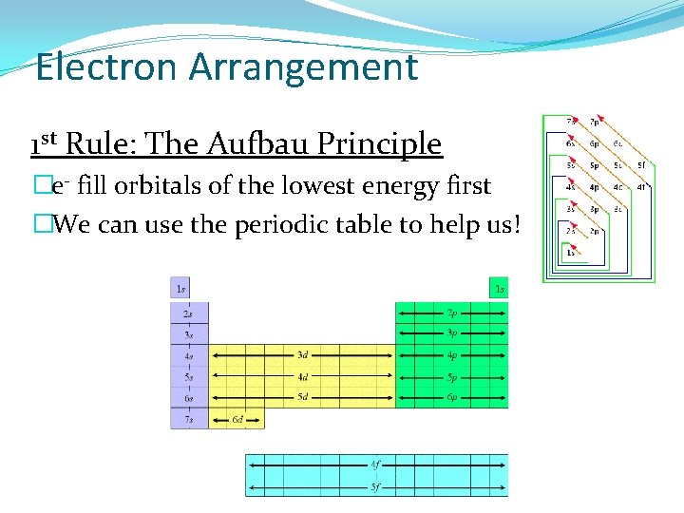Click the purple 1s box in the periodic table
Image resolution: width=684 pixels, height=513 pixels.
pos(180,288)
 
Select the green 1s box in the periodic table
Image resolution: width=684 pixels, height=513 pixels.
pos(499,288)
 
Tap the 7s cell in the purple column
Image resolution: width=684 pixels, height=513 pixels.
pos(188,419)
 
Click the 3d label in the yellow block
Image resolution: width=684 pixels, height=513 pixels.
pos(302,355)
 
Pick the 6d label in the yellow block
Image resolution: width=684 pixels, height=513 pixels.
pos(238,419)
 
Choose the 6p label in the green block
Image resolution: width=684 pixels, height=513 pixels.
pos(452,397)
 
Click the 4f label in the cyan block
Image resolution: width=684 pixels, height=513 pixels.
pos(377,465)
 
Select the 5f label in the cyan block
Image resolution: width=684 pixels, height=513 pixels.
pos(377,486)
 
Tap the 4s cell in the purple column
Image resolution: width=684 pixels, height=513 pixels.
pos(188,356)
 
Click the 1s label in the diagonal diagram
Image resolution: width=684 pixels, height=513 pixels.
pos(570,252)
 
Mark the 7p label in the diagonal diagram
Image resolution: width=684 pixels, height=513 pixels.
pos(595,122)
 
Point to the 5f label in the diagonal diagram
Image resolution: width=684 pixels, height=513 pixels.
pos(642,164)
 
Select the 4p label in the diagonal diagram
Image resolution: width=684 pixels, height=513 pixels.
pos(595,187)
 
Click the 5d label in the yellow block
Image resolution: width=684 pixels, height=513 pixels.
pos(302,397)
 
